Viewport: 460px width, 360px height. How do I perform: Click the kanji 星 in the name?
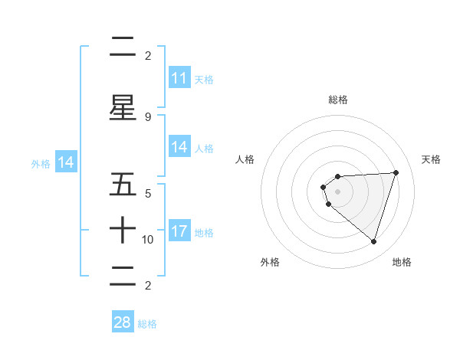tap(123, 107)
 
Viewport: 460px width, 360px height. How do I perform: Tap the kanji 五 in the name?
tap(123, 185)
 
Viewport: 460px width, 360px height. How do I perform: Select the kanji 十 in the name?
tap(123, 231)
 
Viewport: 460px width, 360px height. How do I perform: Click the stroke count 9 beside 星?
tap(148, 117)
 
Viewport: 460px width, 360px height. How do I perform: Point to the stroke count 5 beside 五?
tap(148, 194)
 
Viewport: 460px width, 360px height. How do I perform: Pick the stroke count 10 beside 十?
tap(148, 240)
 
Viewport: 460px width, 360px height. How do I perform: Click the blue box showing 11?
tap(179, 78)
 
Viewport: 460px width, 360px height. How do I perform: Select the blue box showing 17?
tap(179, 231)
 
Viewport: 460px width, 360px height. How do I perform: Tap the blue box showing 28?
tap(123, 322)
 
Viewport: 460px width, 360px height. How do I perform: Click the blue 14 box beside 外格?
tap(66, 162)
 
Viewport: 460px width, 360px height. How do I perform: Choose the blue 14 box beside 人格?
tap(179, 147)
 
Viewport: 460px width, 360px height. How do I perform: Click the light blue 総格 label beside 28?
tap(147, 324)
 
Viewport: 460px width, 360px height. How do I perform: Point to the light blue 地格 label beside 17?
tap(204, 233)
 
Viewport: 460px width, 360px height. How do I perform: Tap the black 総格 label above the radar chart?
tap(338, 100)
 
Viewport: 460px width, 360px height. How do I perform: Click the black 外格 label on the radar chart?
tap(270, 262)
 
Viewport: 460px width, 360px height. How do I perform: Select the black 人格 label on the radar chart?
tap(245, 159)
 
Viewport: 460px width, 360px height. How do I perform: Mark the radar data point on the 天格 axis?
tap(396, 172)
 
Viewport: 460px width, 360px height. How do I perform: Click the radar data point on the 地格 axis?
tap(373, 241)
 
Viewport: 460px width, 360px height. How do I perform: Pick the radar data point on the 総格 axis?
tap(338, 177)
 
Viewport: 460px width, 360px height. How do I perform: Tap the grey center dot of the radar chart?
tap(338, 191)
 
